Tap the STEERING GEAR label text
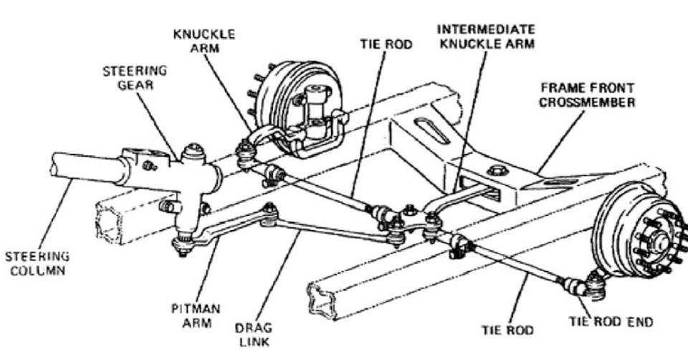click(135, 78)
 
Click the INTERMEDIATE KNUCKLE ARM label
click(486, 36)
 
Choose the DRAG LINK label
click(253, 334)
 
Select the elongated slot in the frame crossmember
click(431, 133)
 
